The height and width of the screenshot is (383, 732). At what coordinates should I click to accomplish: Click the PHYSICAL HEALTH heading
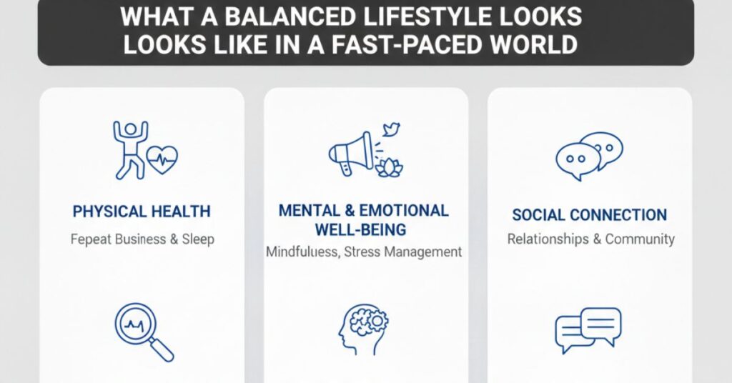(x=142, y=212)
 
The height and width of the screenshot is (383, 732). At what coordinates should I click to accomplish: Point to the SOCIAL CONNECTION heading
(x=590, y=215)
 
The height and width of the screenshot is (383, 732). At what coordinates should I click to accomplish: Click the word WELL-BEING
(x=362, y=230)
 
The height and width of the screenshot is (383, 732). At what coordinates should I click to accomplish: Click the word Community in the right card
(x=640, y=239)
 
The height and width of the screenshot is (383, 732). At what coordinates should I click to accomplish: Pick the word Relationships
(x=548, y=239)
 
